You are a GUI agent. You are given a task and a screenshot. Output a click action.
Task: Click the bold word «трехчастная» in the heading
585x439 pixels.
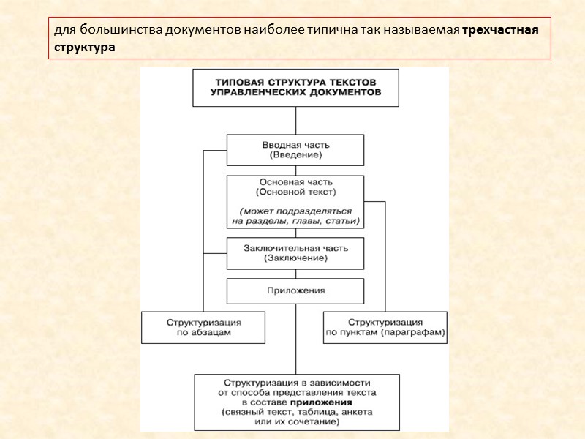tap(501, 31)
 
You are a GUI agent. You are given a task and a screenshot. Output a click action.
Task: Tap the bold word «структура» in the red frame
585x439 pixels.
tap(83, 47)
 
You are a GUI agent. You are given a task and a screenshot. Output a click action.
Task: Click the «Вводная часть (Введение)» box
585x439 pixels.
tap(295, 150)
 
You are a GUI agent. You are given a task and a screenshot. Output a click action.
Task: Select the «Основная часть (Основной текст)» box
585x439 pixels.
tap(295, 201)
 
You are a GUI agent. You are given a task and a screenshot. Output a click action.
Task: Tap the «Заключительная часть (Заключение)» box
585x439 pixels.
tap(295, 252)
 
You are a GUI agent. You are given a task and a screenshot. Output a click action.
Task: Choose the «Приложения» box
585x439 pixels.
tap(295, 290)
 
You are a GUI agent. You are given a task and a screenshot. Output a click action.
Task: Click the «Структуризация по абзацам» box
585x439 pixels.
tap(203, 327)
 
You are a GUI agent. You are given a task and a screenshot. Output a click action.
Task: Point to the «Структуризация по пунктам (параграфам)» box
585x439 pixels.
tap(385, 327)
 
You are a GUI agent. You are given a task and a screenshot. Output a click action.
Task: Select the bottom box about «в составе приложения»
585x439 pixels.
tap(296, 402)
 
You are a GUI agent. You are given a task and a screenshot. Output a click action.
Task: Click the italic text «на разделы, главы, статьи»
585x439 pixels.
tap(295, 220)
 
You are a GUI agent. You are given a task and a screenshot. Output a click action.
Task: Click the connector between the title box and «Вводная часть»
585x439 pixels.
tap(295, 121)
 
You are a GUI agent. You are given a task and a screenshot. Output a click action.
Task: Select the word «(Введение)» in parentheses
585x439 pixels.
tap(295, 155)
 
